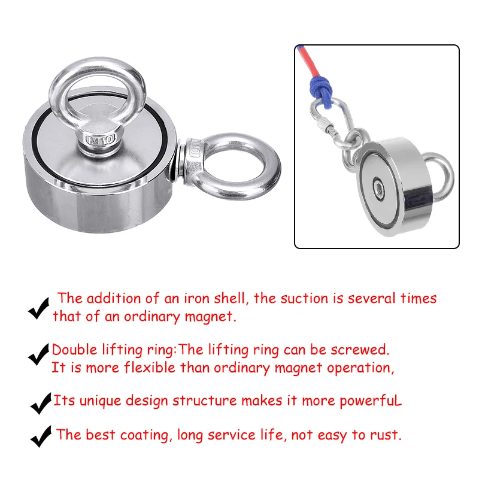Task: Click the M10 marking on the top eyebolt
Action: [101, 139]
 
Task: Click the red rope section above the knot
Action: [308, 60]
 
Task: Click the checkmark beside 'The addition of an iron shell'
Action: [38, 308]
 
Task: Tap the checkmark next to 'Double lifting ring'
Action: [38, 354]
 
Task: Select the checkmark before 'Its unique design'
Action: [41, 403]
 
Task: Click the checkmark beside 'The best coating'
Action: [41, 436]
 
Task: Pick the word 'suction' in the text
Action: [304, 298]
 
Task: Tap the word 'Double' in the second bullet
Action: [74, 350]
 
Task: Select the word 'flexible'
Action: [149, 368]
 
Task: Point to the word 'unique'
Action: [100, 401]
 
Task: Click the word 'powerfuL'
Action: [371, 401]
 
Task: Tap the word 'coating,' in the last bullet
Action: [144, 435]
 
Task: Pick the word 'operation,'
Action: [360, 368]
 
